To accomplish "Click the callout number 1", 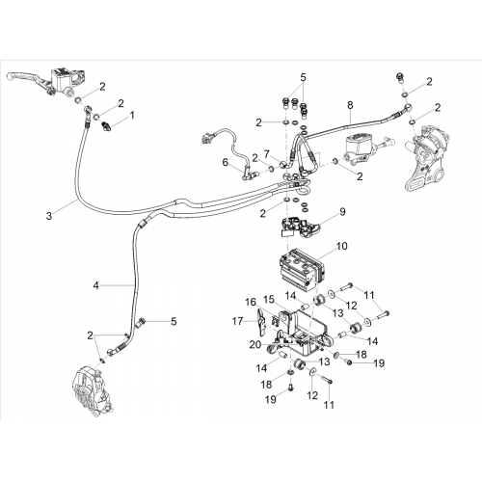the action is coord(132,115).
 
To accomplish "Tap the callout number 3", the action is coord(49,216).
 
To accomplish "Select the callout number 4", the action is coord(96,285).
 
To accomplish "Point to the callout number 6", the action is coord(226,162).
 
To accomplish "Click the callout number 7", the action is coord(267,154).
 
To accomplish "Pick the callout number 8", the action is coord(350,105).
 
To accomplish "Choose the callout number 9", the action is coord(342,212).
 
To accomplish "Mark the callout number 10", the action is coord(342,246).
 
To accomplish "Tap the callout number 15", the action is coord(269,300).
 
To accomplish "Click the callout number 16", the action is coord(251,303).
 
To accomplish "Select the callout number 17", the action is coord(238,321).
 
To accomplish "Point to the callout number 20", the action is coord(255,344).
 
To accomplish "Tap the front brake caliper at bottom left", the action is coord(94,394).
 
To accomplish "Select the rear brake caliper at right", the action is coord(425,161).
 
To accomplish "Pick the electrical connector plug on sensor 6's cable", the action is coord(204,139).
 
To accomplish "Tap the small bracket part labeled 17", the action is coord(261,322).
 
